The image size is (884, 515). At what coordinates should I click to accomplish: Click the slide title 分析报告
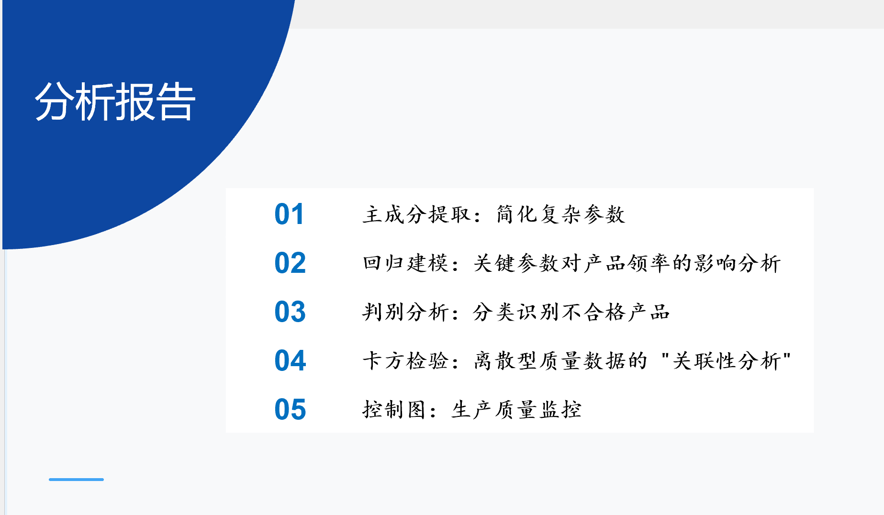click(115, 101)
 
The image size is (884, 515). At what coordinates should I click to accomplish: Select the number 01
click(289, 214)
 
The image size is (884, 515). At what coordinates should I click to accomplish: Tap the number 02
click(290, 263)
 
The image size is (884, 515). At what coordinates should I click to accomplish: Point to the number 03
click(290, 312)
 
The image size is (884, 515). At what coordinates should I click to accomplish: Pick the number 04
click(290, 360)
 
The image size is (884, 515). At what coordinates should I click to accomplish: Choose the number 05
click(290, 409)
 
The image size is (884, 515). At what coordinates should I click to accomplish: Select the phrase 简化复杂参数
click(560, 214)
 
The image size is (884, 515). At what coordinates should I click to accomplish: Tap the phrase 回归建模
click(405, 263)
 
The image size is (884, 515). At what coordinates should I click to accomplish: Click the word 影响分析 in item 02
click(738, 263)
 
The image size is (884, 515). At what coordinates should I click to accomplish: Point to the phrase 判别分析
click(405, 312)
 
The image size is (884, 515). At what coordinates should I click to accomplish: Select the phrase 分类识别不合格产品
click(571, 312)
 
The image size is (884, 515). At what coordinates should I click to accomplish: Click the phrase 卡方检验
click(405, 360)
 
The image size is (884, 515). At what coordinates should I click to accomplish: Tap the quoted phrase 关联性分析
click(727, 360)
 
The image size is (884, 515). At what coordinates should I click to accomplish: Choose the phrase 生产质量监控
click(516, 409)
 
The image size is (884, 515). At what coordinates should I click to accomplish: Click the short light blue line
click(76, 479)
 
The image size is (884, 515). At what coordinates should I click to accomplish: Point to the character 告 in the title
click(176, 101)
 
